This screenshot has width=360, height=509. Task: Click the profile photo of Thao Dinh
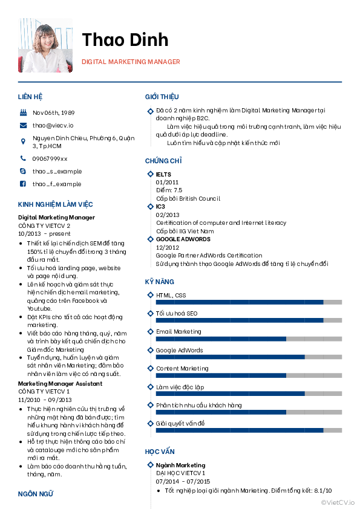pos(45,45)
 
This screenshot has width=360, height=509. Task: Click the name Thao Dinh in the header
pos(125,40)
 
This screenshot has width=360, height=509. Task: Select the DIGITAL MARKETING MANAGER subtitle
pos(131,62)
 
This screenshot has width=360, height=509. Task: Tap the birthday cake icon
pos(23,113)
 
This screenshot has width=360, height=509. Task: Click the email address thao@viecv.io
pos(53,125)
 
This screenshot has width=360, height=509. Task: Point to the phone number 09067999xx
pos(50,158)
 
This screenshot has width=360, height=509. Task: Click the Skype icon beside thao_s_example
pos(23,171)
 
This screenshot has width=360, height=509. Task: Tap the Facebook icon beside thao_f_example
pos(23,184)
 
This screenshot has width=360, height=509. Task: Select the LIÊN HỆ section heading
pos(30,97)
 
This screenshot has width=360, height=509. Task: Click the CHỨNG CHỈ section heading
pos(163,161)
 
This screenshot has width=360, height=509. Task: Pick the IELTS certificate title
pos(163,175)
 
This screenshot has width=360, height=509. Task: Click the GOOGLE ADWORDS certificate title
pos(183,239)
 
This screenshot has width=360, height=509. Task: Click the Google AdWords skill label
pos(179,350)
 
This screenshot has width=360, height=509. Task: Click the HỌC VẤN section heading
pos(160,452)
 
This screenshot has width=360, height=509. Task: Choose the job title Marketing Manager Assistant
pos(60,383)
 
